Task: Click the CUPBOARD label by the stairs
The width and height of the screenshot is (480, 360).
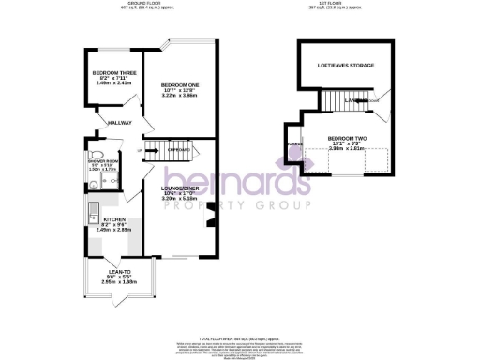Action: click(179, 150)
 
